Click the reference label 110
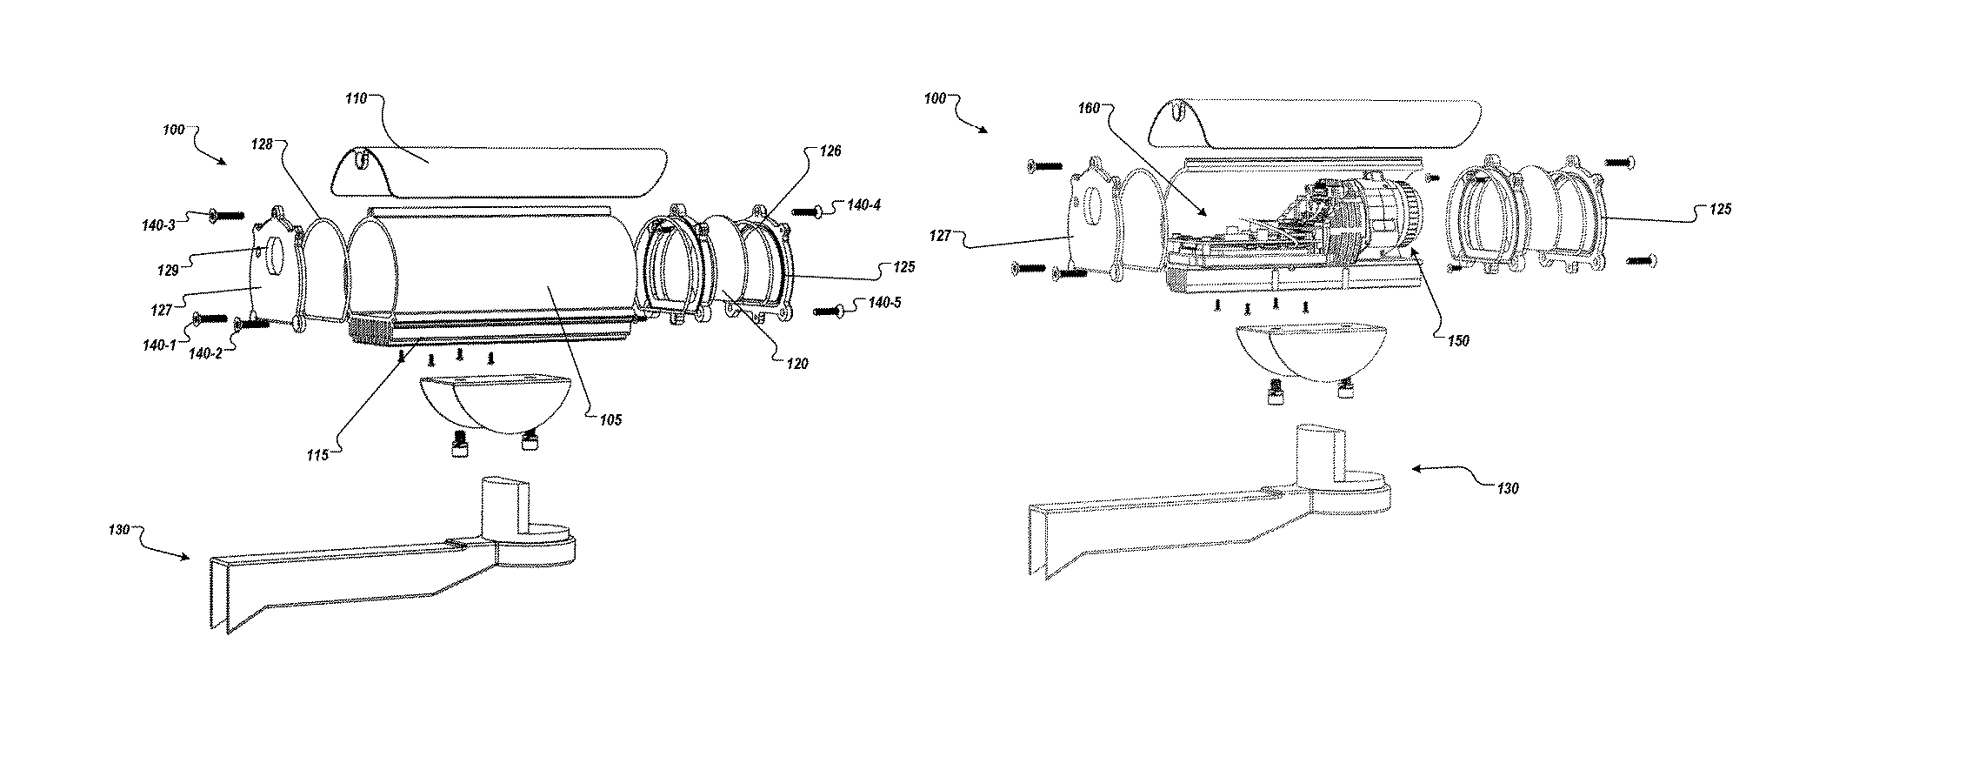click(x=357, y=99)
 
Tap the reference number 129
click(x=169, y=271)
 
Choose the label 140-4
click(x=863, y=205)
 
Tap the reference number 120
click(x=796, y=364)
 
